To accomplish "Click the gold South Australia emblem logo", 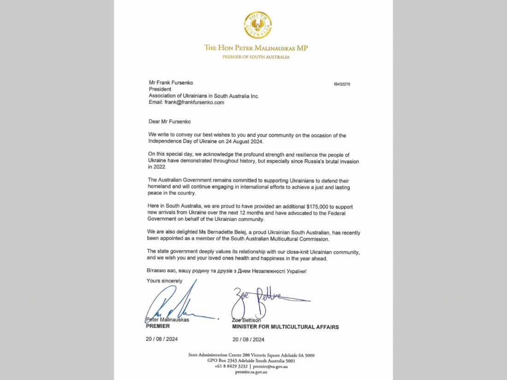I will (x=258, y=25).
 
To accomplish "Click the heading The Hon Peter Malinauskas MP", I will (x=256, y=48).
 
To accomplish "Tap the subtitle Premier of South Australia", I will (x=256, y=57).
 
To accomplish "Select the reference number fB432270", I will (x=342, y=84).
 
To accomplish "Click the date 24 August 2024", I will (x=240, y=142).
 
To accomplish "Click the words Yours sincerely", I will (x=165, y=281).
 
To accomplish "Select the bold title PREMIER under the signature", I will (x=158, y=326).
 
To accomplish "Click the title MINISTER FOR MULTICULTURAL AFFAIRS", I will (x=285, y=327).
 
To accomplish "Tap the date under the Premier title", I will (x=162, y=339).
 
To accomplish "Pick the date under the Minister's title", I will (x=248, y=339).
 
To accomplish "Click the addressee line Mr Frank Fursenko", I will (x=171, y=83).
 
